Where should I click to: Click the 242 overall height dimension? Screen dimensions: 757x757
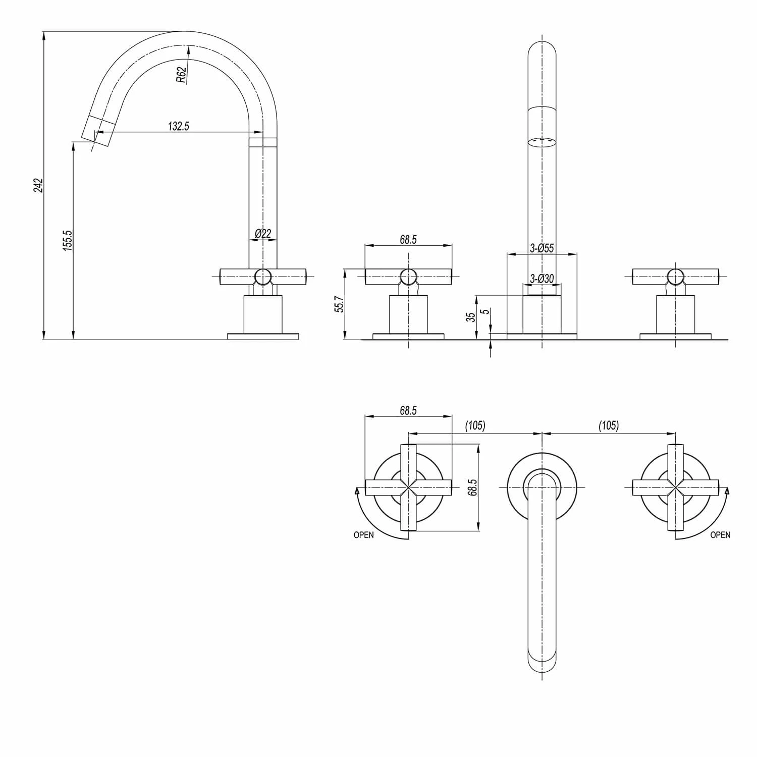pos(39,186)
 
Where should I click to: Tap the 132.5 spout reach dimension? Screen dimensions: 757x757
pos(179,126)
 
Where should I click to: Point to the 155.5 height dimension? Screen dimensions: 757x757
pos(68,240)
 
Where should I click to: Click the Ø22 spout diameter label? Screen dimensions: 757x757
pos(263,233)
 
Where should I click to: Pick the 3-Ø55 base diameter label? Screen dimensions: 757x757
pos(542,248)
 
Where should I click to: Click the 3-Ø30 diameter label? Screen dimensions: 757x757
pos(542,279)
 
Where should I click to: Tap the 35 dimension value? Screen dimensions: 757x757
pos(470,317)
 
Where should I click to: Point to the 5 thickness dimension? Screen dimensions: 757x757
pos(485,312)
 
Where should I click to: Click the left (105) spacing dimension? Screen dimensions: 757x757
pos(475,425)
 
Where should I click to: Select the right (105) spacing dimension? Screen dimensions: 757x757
pos(609,425)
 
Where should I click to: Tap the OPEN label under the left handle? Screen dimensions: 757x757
pos(363,535)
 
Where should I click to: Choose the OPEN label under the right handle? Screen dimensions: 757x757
pos(720,535)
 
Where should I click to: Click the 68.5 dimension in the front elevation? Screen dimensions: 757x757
pos(408,240)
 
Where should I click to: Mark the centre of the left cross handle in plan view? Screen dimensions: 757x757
pos(408,488)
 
